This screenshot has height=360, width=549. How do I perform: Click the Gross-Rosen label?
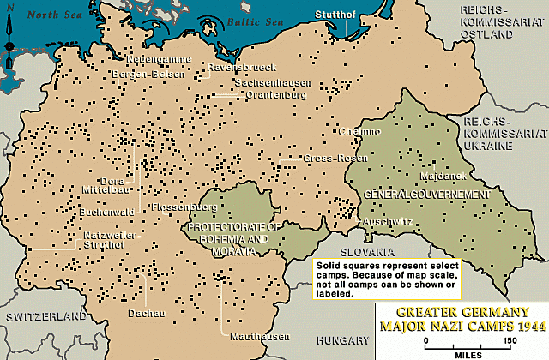point(327,159)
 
